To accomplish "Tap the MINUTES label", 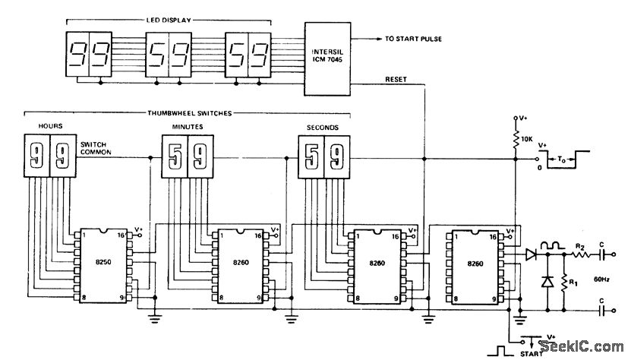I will point(184,127).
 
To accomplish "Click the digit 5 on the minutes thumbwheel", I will point(174,158).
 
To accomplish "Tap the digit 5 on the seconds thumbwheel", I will point(311,158).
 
